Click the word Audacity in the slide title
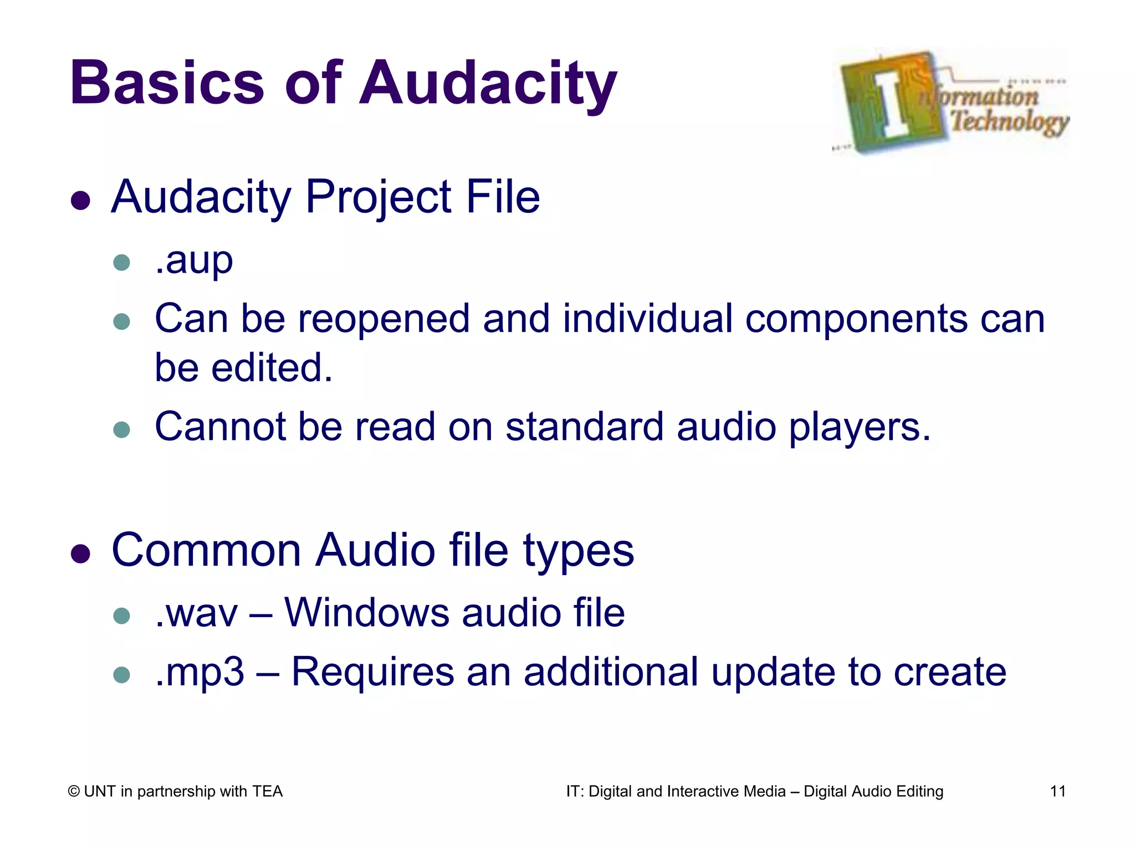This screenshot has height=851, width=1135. click(488, 83)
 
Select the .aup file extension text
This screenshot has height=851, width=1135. click(193, 260)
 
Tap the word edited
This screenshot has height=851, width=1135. click(272, 368)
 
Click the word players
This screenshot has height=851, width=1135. click(860, 428)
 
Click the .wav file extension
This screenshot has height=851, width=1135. click(196, 613)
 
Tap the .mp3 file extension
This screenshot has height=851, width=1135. click(200, 672)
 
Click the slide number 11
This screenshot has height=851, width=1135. click(1057, 791)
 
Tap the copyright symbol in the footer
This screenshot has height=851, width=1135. click(74, 792)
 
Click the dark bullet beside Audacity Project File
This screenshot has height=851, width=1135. click(81, 201)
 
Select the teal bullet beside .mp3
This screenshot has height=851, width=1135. click(121, 675)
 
